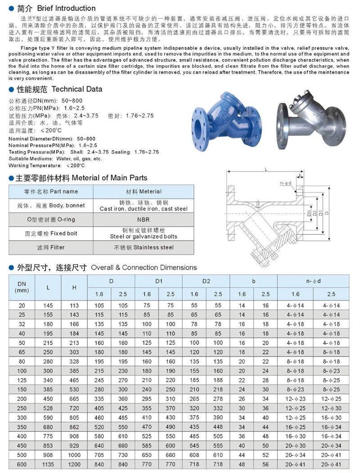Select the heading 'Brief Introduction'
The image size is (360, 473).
66,8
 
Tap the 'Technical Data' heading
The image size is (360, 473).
77,89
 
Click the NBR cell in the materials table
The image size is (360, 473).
143,220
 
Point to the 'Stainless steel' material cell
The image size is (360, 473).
144,248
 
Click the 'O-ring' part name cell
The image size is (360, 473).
51,220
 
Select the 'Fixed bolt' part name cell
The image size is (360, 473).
51,234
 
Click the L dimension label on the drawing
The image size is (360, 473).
265,169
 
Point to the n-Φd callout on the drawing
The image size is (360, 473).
285,183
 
